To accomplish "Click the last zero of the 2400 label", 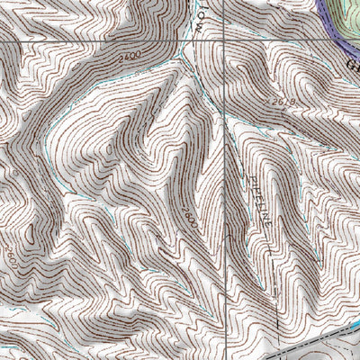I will (x=138, y=58).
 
